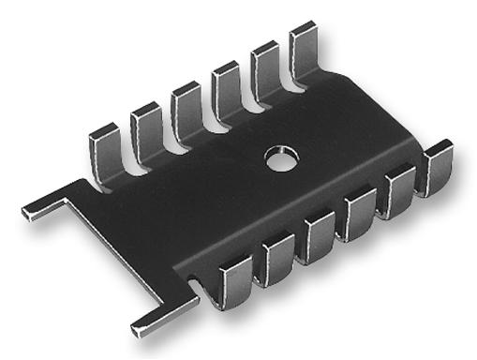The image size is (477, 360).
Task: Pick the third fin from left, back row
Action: click(186, 110)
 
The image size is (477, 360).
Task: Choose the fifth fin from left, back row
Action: click(265, 67)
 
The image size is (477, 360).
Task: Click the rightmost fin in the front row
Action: click(435, 168)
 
